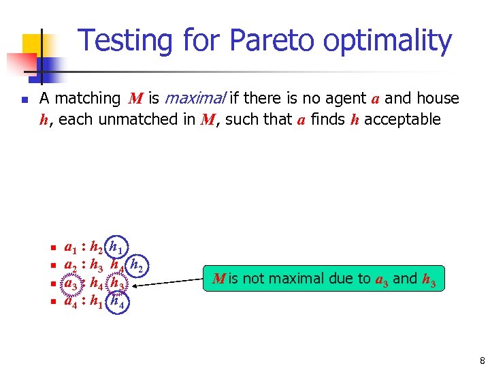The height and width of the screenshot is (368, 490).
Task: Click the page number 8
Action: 482,361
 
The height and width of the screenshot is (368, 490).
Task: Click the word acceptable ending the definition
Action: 402,120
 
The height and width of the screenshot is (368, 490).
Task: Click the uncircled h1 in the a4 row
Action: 97,301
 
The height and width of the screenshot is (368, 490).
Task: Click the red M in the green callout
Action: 218,278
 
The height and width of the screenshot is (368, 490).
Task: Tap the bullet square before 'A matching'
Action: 24,99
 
